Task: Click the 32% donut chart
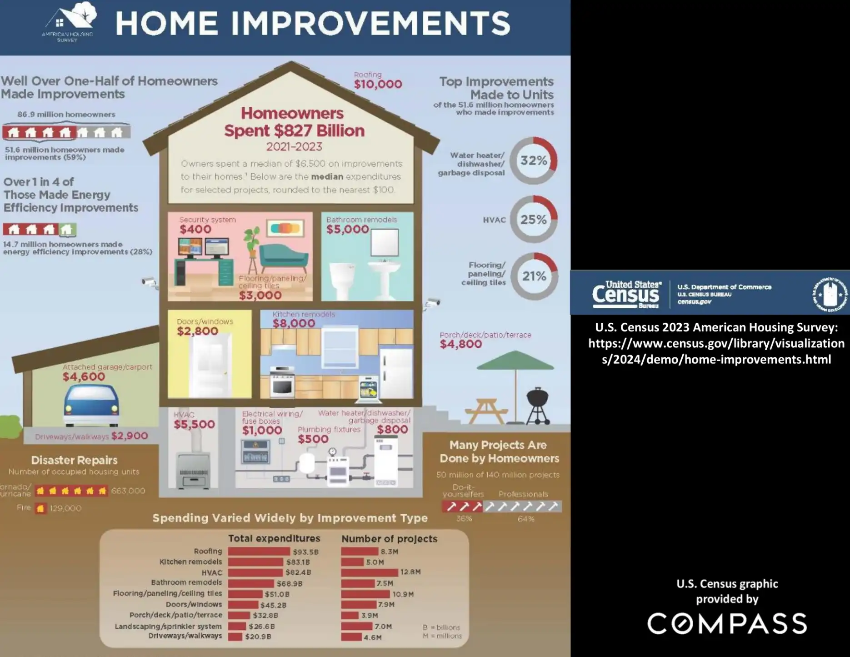(533, 160)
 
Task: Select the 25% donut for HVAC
(533, 220)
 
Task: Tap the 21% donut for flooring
(534, 276)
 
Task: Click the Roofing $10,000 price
(378, 84)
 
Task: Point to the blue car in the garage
(91, 405)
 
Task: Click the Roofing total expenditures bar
(259, 552)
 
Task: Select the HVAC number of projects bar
(369, 572)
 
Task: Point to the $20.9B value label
(258, 637)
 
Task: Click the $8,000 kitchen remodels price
(294, 323)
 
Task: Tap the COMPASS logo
(727, 623)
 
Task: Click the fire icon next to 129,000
(40, 508)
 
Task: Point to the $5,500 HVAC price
(194, 424)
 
